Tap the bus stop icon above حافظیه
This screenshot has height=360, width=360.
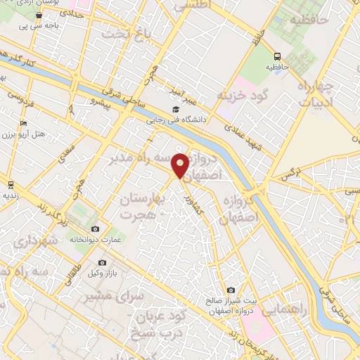[x=278, y=56]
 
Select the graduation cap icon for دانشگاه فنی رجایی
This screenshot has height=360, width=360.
[x=175, y=109]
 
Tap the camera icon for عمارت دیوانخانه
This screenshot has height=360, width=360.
[x=95, y=229]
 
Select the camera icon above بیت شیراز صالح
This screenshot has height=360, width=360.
[x=231, y=290]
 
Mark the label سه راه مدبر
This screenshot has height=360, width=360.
[x=141, y=160]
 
